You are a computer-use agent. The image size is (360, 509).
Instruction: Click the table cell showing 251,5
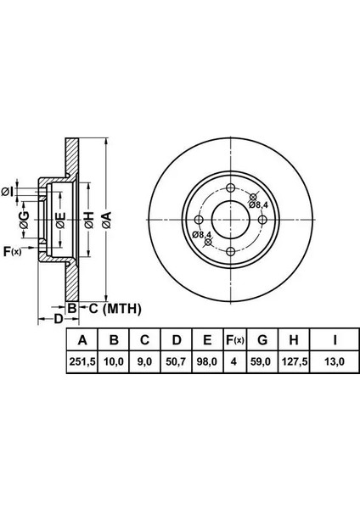tap(82, 361)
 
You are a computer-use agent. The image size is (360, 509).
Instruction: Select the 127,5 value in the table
tap(294, 361)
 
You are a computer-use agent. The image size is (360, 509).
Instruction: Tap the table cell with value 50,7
tap(176, 361)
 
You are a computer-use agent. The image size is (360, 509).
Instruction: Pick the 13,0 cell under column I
tap(335, 361)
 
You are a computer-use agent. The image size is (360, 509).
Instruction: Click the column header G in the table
tap(262, 340)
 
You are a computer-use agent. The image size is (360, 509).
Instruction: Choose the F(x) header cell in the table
tap(235, 340)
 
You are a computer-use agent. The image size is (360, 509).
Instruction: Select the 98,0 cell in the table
tap(207, 361)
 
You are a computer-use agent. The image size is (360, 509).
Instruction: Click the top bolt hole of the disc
tap(230, 188)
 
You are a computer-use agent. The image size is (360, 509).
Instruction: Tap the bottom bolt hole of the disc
tap(230, 251)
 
